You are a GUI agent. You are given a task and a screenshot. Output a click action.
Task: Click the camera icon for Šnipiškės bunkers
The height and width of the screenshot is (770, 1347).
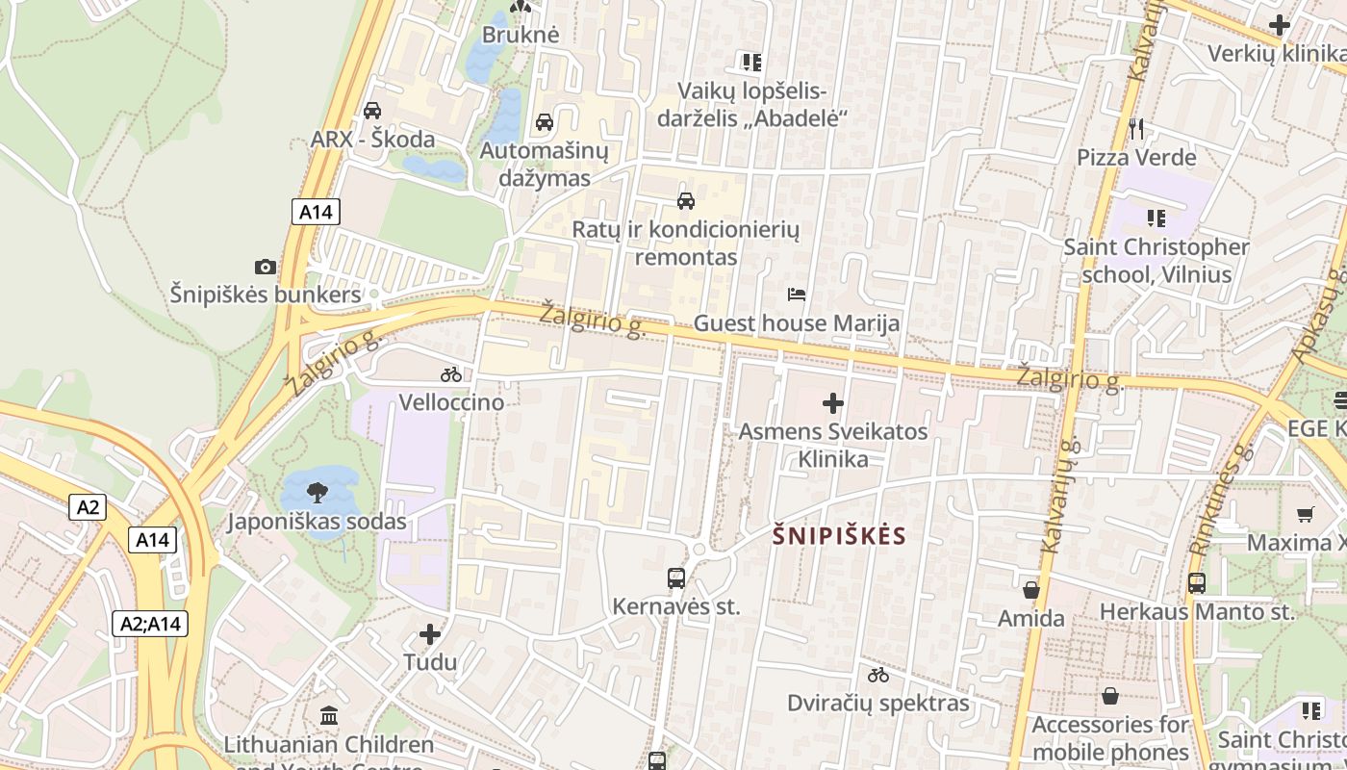[x=265, y=267]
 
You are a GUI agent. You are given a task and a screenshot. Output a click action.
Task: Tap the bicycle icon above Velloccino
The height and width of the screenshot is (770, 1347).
[x=451, y=374]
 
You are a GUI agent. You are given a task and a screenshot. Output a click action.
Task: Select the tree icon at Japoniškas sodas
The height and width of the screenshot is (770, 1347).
[x=316, y=494]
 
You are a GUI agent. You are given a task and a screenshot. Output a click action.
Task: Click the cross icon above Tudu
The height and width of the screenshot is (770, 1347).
[x=430, y=634]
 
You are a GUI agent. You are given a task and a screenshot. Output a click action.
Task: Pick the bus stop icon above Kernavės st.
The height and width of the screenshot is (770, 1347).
[x=676, y=578]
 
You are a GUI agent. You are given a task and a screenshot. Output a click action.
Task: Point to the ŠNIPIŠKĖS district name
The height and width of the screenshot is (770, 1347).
[x=840, y=536]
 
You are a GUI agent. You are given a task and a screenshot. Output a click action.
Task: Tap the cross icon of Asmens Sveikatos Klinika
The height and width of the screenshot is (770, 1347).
[x=833, y=403]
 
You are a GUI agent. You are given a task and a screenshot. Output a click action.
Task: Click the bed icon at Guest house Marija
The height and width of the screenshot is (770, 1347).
[x=797, y=295]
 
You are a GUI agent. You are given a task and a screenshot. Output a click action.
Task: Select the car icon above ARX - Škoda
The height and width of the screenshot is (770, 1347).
[x=372, y=111]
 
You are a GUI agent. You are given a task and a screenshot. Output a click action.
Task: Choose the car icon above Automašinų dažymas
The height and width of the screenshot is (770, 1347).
[x=545, y=122]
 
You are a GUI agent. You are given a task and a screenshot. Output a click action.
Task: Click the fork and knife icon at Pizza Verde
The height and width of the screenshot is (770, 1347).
[x=1136, y=128]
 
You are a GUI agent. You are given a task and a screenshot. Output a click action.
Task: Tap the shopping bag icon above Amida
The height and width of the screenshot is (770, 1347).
[x=1031, y=590]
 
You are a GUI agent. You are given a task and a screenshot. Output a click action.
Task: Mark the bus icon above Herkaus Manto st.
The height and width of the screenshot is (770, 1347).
[x=1197, y=583]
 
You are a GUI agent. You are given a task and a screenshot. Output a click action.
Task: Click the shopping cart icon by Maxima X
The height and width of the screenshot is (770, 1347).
[x=1305, y=514]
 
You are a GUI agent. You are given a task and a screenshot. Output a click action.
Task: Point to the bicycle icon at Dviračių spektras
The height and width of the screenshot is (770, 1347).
[x=878, y=675]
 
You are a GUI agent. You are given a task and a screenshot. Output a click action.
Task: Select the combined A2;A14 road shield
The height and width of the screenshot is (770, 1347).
[x=150, y=624]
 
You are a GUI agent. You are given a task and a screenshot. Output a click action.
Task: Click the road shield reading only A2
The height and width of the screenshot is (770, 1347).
[x=87, y=507]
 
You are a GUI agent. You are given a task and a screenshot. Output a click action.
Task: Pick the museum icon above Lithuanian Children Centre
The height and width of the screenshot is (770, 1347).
[x=329, y=715]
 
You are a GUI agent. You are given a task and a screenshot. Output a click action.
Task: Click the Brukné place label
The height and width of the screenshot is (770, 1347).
[x=521, y=35]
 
